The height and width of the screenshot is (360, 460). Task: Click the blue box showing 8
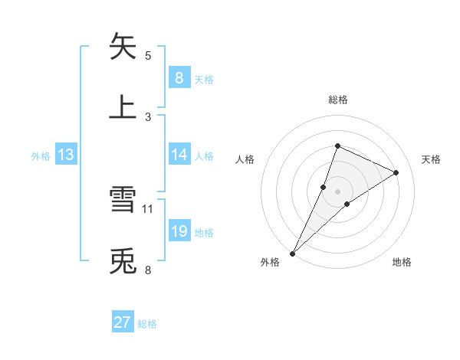coord(179,77)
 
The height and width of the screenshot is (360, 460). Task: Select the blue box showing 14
coord(179,155)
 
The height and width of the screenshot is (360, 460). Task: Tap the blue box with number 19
coord(179,231)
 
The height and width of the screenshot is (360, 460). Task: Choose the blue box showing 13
coord(66,155)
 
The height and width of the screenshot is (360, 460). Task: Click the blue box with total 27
coord(123,322)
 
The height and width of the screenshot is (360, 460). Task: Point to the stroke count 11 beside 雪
coord(148,208)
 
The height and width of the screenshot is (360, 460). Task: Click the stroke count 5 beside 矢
coord(148,55)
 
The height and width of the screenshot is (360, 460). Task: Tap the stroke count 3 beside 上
coord(148,116)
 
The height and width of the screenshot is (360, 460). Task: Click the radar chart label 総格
coord(337,100)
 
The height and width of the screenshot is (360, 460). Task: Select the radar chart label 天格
coord(431,159)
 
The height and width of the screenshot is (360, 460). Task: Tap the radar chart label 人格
coord(245,159)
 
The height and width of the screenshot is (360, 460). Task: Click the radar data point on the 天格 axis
coord(396,172)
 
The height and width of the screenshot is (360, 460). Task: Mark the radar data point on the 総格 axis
coord(337,145)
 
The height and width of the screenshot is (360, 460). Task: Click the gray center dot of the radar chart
coord(337,191)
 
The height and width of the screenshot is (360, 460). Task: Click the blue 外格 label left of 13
coord(41,155)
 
